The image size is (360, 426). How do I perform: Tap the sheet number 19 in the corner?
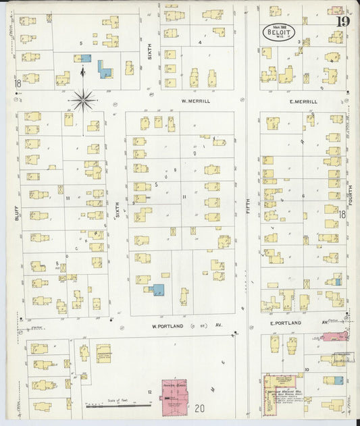coord(342,18)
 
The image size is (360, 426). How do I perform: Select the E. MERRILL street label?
coord(303,101)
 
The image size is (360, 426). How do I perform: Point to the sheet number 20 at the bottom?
coord(199,408)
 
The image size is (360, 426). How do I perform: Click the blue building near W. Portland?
coord(158,290)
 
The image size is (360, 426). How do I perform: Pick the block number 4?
coord(200,43)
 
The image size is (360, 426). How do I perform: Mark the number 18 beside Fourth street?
coord(342,215)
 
